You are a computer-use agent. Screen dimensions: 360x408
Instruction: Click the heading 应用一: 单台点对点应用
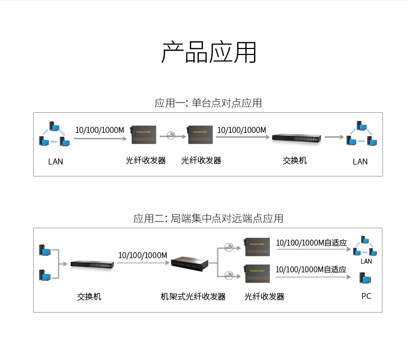coord(208,103)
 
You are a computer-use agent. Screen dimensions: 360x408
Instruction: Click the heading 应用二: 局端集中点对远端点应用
coord(208,218)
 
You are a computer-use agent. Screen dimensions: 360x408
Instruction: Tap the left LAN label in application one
coord(55,161)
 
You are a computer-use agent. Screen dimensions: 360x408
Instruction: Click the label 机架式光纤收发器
coord(193,297)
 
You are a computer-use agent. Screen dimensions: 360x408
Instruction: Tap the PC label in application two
coord(366,296)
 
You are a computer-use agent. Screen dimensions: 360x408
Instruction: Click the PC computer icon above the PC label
coord(366,279)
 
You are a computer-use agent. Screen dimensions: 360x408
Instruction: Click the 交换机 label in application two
coord(89,297)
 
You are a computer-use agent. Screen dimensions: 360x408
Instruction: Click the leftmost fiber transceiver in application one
coord(144,134)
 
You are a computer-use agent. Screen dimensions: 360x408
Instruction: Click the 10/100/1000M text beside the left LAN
coord(100,130)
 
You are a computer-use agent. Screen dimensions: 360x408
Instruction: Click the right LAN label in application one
coord(360,161)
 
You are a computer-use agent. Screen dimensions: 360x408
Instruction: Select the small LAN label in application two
coord(366,261)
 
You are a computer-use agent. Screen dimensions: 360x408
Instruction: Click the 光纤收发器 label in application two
coord(264,297)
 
